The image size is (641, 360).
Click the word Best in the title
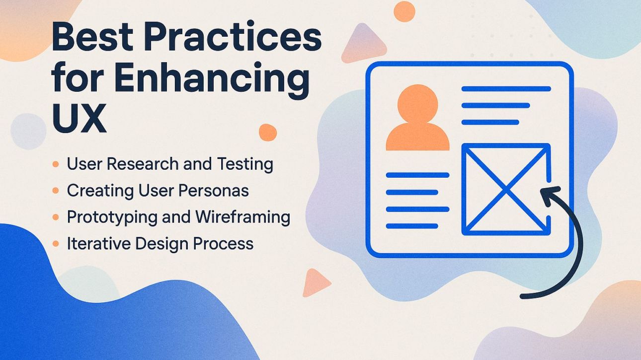click(92, 38)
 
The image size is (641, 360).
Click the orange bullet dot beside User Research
click(56, 163)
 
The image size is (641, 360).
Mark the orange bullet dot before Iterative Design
click(56, 244)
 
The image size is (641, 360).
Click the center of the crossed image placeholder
click(506, 189)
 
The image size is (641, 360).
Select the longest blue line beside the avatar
click(506, 89)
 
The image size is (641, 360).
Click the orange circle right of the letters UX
click(268, 133)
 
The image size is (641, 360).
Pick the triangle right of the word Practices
click(363, 45)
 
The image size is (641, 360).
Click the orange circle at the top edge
click(404, 11)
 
